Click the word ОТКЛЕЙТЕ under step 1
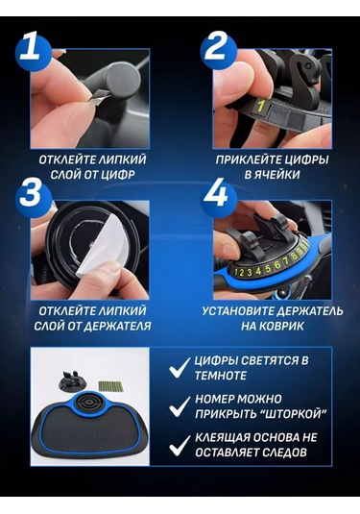click(70, 158)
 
